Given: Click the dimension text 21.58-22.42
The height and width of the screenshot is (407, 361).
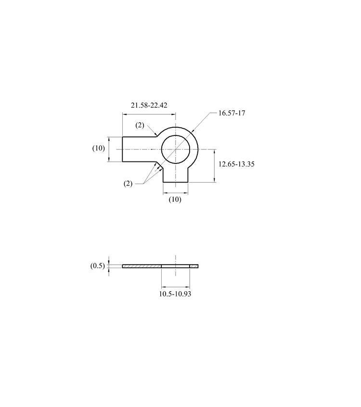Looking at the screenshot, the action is tap(149, 105).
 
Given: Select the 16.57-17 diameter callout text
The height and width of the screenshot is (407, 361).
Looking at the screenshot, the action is tap(232, 113).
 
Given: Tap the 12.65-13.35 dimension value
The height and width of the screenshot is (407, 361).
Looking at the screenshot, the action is tap(236, 164).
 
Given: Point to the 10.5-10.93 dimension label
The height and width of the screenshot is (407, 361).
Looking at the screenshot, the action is tap(175, 294).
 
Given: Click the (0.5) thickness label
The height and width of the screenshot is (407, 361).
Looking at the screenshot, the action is tap(98, 266).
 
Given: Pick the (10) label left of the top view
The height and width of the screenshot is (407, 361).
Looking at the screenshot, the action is tap(99, 148).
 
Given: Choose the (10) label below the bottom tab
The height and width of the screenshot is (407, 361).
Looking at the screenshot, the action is tap(175, 199).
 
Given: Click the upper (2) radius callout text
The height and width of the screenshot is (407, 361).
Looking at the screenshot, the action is tap(140, 125).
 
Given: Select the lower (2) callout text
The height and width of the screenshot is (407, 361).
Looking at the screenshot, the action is tap(128, 184).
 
